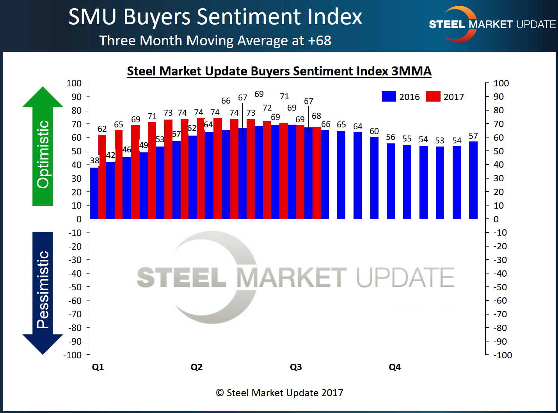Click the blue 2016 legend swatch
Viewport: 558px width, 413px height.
[x=389, y=97]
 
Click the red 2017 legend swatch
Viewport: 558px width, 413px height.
[x=433, y=97]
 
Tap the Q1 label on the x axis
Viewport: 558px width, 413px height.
[x=98, y=367]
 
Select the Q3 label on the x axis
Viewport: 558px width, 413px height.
[x=296, y=367]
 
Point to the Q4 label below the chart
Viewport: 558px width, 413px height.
[x=395, y=367]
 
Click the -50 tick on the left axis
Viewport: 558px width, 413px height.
[x=75, y=287]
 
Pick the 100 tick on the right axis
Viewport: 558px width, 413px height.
[x=501, y=83]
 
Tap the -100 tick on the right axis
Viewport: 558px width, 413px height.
[x=503, y=355]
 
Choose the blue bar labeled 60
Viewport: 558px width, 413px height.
[x=374, y=178]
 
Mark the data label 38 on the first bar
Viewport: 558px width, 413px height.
[x=94, y=161]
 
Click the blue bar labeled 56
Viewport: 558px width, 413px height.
[x=391, y=181]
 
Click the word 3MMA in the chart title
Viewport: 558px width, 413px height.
[x=411, y=71]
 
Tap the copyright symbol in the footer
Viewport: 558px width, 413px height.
[x=220, y=393]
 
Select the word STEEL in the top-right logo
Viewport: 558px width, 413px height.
[x=447, y=25]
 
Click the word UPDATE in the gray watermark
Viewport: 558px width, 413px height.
[x=405, y=277]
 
